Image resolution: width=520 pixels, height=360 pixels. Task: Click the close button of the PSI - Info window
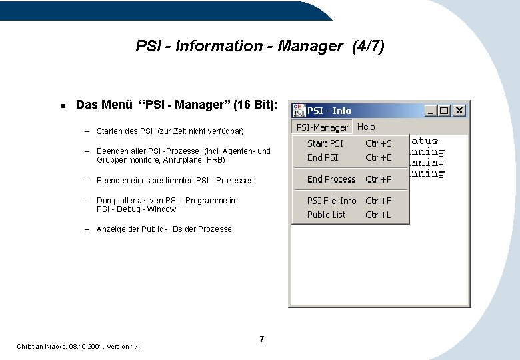point(460,111)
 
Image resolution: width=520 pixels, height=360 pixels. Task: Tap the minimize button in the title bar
point(431,111)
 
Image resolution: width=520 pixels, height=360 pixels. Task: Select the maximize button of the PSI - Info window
point(445,111)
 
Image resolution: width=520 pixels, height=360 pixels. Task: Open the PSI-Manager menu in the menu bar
point(322,127)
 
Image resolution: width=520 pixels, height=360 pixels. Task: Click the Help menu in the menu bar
point(366,127)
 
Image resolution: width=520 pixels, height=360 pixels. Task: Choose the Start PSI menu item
point(325,143)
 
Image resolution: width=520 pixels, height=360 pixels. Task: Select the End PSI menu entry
point(323,157)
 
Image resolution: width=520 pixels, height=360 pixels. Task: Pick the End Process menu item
point(331,179)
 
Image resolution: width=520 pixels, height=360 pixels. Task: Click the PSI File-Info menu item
point(331,201)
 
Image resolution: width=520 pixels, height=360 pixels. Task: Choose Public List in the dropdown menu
point(326,215)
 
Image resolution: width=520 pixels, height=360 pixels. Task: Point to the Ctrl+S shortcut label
point(379,143)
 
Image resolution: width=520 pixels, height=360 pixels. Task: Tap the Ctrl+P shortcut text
point(379,179)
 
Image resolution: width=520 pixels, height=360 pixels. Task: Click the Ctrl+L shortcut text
point(378,215)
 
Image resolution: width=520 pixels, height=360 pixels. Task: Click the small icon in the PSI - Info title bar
point(299,111)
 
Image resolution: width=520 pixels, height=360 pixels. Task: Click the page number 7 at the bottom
point(261,339)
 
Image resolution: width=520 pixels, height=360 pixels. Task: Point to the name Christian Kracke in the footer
point(40,347)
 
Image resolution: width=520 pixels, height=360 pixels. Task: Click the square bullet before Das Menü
point(61,105)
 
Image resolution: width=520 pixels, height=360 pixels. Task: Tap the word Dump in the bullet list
point(107,201)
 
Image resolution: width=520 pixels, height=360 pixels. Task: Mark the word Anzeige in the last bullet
point(111,229)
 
